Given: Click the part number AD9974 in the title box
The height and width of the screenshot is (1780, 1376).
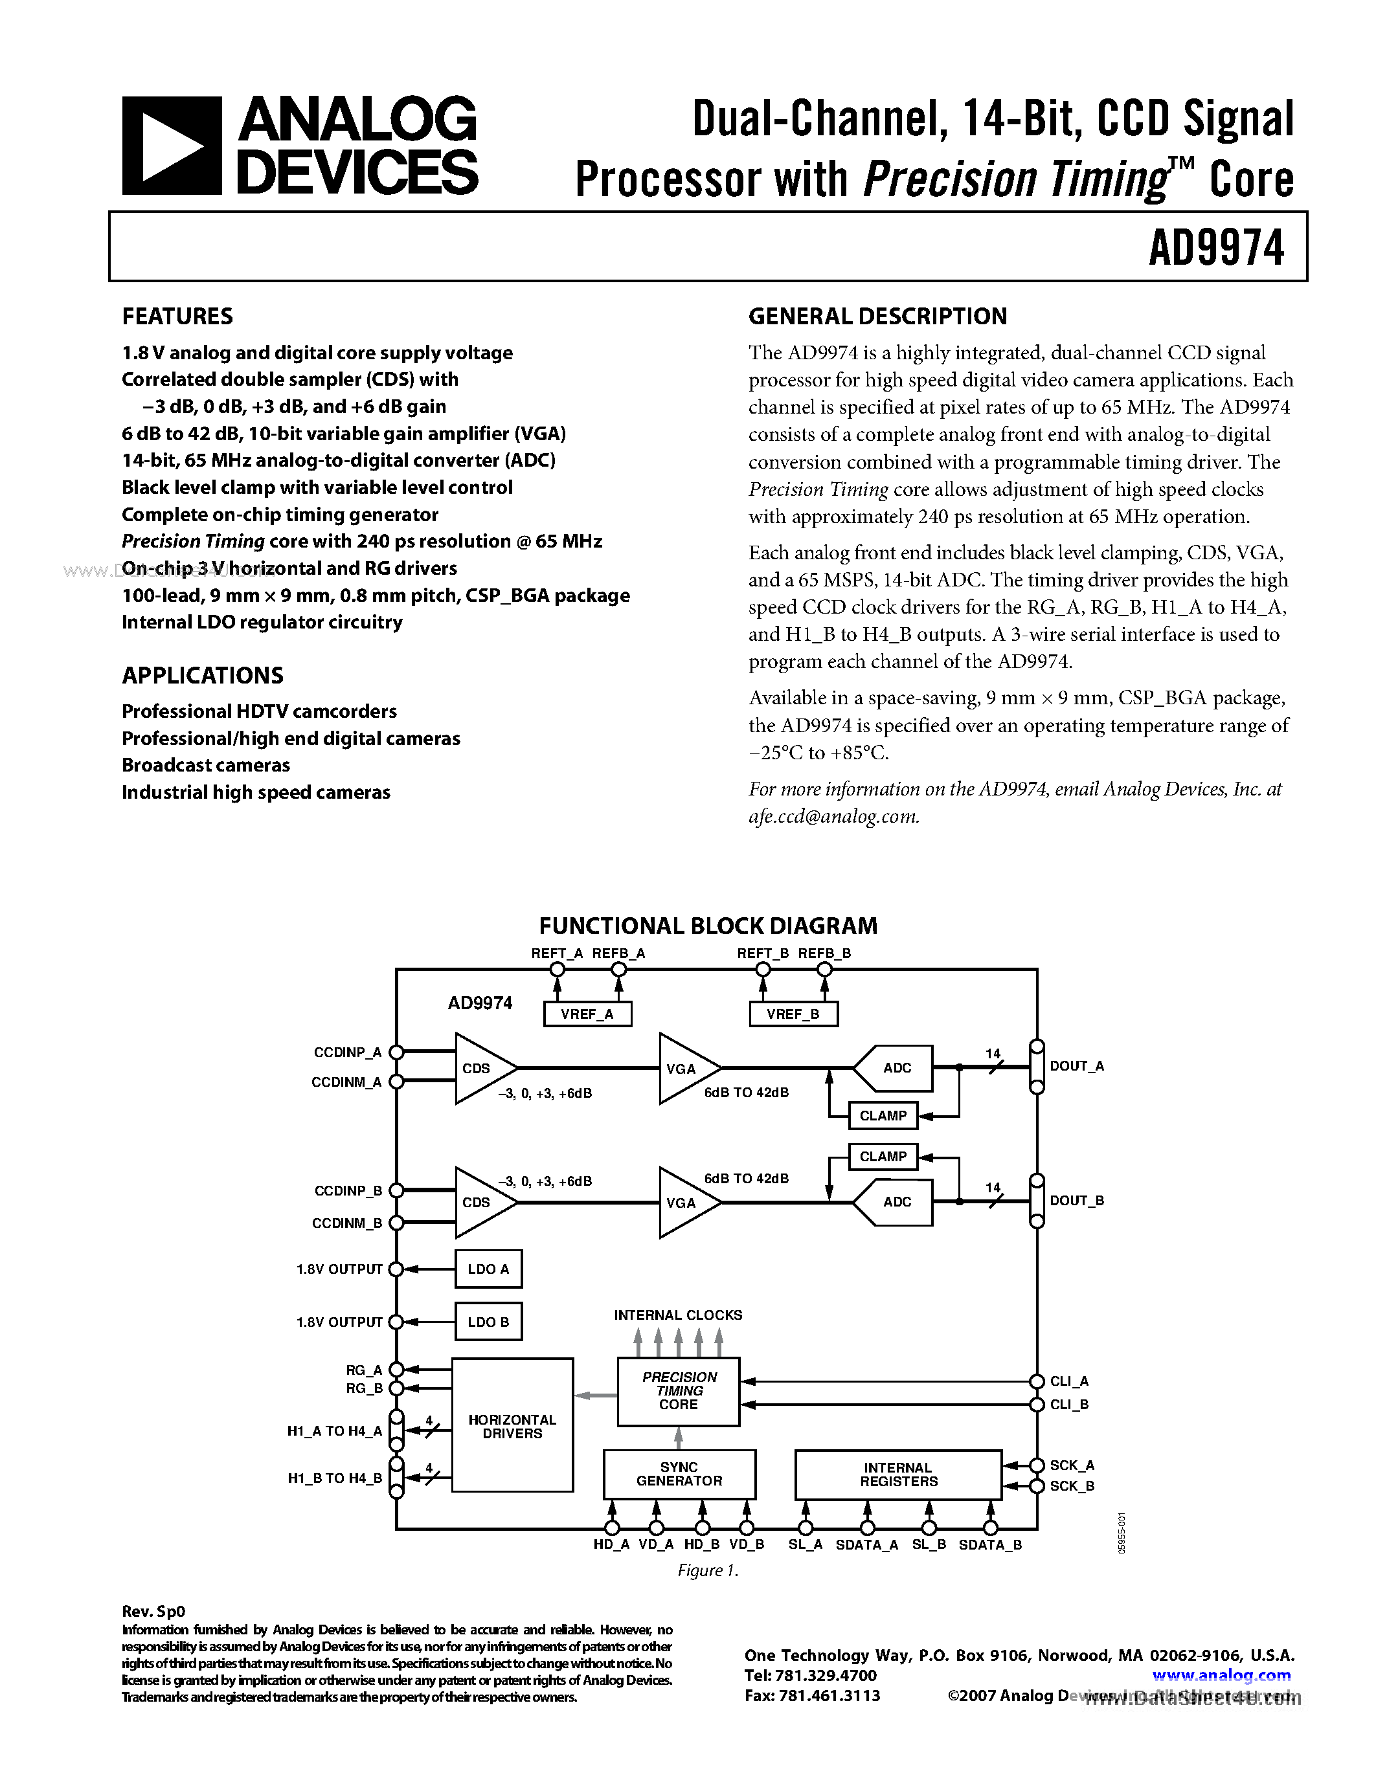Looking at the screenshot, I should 1215,248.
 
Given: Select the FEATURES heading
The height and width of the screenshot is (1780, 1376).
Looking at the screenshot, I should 177,317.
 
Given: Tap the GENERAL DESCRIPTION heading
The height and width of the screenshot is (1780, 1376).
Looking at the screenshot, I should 877,317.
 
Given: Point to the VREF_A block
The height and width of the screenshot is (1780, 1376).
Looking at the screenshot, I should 587,1014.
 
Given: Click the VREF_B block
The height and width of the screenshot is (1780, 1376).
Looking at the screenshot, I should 793,1014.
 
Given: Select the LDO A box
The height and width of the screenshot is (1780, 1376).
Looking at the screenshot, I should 488,1269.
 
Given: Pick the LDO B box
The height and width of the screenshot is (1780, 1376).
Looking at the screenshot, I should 488,1322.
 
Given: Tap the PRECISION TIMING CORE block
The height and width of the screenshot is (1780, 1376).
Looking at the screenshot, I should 678,1391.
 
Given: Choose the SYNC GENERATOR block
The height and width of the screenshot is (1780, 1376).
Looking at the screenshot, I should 679,1474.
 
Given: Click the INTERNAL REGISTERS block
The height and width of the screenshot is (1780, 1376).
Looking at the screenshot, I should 898,1474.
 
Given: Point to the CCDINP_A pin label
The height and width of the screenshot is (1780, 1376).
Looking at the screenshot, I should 347,1052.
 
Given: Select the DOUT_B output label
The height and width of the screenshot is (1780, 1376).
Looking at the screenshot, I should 1077,1201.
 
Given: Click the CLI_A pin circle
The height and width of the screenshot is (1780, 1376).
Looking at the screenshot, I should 1036,1381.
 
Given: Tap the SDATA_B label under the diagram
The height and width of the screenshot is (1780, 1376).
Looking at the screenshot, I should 989,1545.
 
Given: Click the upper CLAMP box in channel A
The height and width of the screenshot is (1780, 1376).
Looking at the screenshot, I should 883,1116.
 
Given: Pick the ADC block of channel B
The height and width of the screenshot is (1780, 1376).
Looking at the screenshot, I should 896,1202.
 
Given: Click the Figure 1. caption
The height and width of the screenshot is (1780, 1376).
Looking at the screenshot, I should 708,1570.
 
